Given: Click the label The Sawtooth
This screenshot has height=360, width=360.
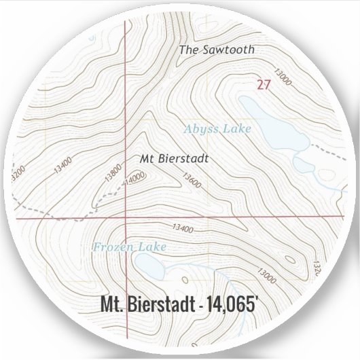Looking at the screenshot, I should point(217,50).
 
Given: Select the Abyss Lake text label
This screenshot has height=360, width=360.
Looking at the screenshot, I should point(217,128).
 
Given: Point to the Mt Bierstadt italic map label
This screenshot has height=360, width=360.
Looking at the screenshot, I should point(175,158).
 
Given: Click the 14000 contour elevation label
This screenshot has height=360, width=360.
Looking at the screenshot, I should point(136,177).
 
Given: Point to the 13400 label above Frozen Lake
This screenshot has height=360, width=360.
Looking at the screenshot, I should point(183,229).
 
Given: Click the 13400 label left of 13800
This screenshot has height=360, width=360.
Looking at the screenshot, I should point(62,163).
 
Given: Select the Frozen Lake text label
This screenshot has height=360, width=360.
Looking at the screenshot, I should point(129,247).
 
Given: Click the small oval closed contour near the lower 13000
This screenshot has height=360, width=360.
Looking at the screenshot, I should point(289,258).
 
